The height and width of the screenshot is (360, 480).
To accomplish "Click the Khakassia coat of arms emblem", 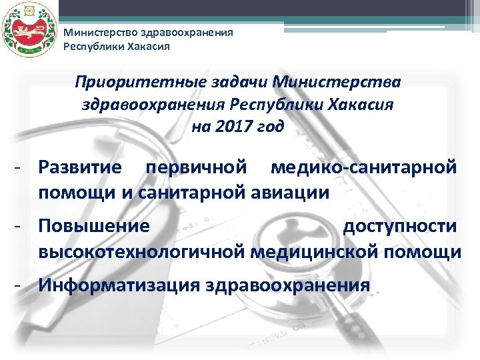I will point(27,30).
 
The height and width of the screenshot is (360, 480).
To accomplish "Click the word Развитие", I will point(80,167).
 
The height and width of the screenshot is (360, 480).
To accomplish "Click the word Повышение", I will point(94,227).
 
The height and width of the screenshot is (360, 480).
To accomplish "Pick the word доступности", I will point(400,227).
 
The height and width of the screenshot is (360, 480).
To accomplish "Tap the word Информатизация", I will point(119,286).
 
